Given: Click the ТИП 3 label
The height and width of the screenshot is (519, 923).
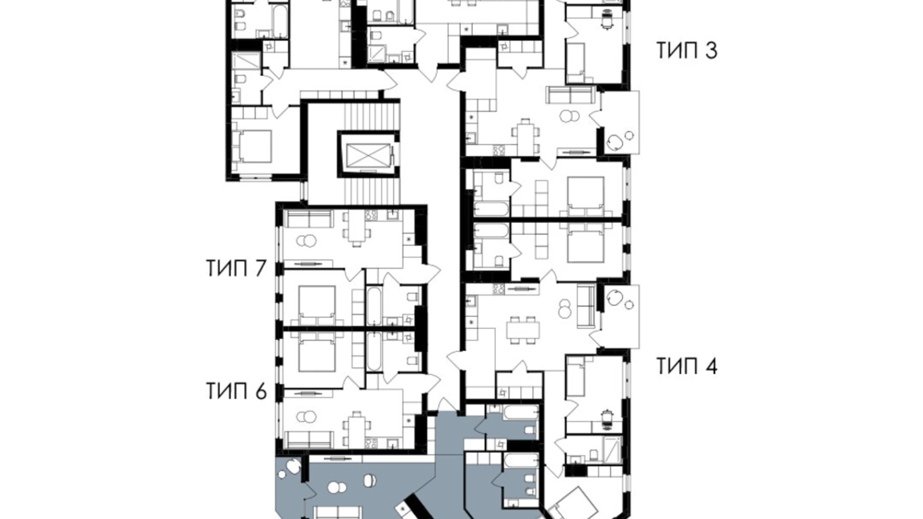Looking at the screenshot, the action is coord(686,51).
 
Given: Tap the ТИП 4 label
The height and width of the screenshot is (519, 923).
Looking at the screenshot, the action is coord(686,366).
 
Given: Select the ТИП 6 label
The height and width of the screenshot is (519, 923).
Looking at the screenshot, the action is coord(236,391).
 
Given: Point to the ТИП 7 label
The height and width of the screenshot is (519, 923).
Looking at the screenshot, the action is coord(236,268).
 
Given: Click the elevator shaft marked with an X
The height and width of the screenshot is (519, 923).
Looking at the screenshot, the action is coord(368,154).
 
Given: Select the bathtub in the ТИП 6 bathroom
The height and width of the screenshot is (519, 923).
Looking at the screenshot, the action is coord(374,352).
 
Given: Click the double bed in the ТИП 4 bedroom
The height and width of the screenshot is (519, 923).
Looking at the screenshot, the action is coord(586,244).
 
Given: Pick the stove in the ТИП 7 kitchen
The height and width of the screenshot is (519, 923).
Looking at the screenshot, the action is coord(372,215).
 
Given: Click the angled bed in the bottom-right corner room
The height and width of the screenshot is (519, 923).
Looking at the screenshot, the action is coord(573,504).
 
